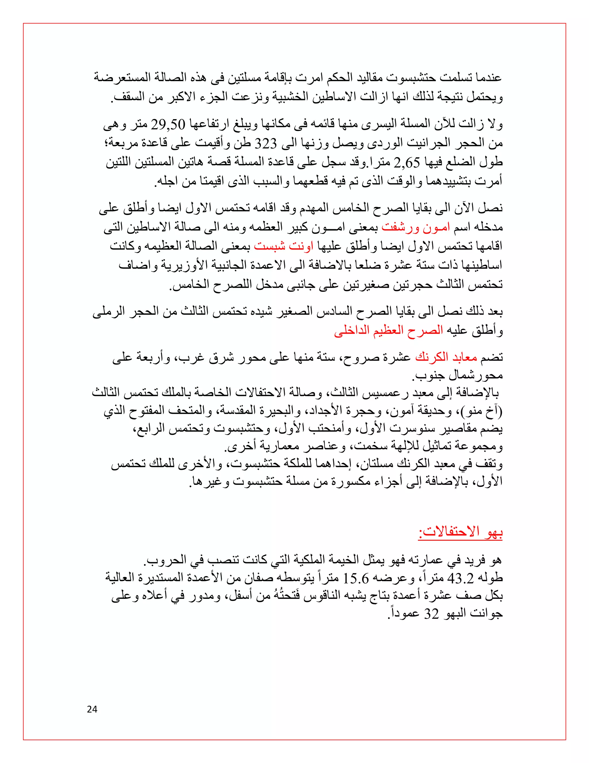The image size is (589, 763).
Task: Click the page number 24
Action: click(92, 709)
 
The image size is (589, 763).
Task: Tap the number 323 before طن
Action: click(266, 143)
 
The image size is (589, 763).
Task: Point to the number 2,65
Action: click(406, 162)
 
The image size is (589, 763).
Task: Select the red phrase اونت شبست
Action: click(283, 246)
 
